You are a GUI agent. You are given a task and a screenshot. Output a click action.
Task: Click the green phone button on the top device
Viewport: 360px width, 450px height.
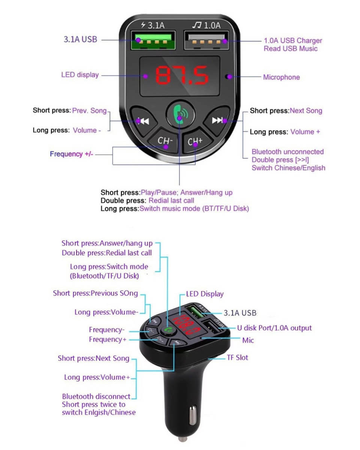click(x=180, y=114)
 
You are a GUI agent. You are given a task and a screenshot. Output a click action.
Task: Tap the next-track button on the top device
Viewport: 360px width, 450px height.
click(x=217, y=120)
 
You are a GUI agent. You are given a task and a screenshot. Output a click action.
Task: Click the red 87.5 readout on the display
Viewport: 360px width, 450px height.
click(x=181, y=76)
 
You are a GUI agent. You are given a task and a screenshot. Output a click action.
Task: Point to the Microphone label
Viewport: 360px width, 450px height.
click(x=281, y=77)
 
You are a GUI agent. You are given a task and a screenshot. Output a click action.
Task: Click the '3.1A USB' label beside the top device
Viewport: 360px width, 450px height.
click(x=80, y=39)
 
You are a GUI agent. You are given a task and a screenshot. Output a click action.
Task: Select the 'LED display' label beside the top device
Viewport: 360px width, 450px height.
click(x=80, y=75)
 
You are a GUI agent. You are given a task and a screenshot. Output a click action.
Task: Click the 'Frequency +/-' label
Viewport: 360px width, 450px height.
click(x=72, y=154)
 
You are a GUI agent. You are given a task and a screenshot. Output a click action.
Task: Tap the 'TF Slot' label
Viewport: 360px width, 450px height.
click(x=237, y=357)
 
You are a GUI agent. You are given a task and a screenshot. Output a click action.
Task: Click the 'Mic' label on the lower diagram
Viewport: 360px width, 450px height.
click(x=248, y=340)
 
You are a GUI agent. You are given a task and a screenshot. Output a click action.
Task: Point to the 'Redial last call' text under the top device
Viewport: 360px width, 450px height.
click(x=171, y=201)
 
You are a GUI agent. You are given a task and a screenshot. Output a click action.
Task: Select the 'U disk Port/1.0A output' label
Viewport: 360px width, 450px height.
click(x=274, y=328)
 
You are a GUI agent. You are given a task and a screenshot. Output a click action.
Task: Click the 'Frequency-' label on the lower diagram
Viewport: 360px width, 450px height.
click(x=106, y=330)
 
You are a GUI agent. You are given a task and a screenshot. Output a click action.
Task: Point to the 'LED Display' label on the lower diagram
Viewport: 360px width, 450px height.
click(x=205, y=294)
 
